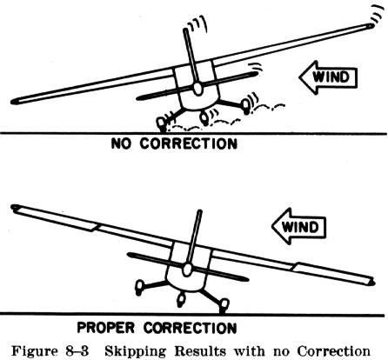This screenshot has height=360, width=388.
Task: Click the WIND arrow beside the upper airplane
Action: point(328,77)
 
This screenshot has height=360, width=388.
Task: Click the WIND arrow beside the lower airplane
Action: point(299,226)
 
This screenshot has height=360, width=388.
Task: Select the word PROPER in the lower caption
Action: point(105,328)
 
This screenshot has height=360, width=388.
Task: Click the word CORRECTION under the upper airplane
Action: point(189,143)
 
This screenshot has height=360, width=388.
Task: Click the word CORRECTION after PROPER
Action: point(190,328)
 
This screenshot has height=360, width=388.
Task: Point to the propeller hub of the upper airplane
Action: point(197,89)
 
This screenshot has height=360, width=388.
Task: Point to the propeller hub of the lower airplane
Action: point(187,270)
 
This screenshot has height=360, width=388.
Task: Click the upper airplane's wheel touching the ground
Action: point(161,123)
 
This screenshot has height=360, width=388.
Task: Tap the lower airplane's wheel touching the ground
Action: point(224,305)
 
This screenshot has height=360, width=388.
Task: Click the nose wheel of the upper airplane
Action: point(204,118)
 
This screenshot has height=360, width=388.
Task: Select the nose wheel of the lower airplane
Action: point(182,300)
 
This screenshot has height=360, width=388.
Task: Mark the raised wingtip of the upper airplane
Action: point(370,26)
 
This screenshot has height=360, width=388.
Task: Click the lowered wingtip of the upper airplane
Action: point(15,101)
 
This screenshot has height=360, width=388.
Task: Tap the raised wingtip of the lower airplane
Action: point(15,207)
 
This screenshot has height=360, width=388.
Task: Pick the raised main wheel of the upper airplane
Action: point(245,106)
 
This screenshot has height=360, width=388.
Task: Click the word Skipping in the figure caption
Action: point(136,351)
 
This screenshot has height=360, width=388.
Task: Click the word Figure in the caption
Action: point(35,351)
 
